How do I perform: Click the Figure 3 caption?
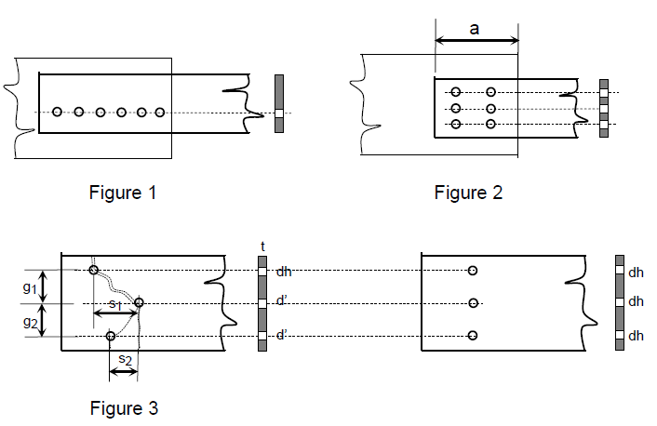point(124,407)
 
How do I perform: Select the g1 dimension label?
point(32,287)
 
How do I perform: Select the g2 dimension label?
point(32,321)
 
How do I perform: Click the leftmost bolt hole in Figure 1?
point(58,113)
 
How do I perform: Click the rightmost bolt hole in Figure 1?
point(160,113)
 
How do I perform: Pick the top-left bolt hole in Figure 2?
point(456,92)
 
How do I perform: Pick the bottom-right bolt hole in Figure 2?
point(490,124)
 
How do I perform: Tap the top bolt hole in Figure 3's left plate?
point(94,271)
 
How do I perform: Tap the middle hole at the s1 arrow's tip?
point(139,302)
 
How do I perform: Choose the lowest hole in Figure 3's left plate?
point(111,336)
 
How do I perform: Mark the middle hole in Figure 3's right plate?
point(473,303)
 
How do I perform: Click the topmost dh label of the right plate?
point(637,273)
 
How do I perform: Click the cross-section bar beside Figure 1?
point(278,103)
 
